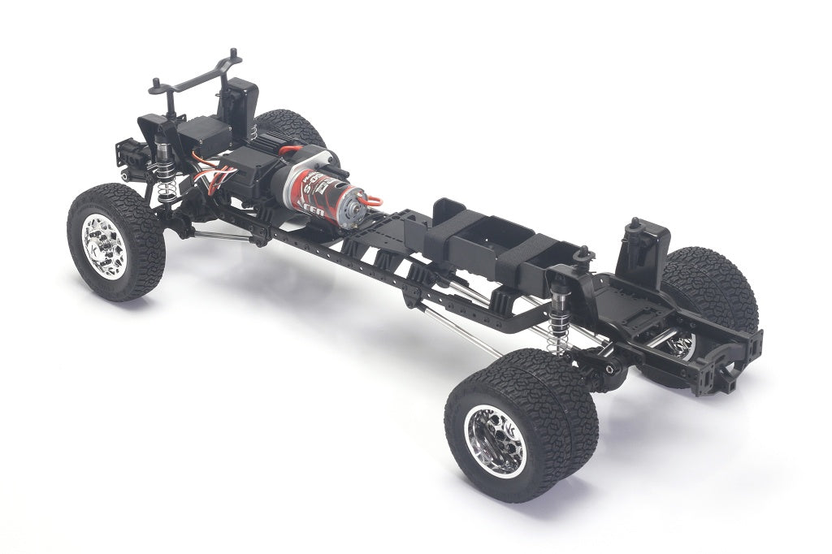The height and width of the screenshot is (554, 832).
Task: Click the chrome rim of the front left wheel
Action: [x=104, y=246]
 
